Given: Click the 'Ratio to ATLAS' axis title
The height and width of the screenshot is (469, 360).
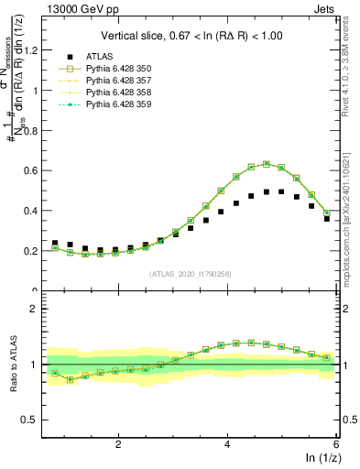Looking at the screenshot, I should (14, 364).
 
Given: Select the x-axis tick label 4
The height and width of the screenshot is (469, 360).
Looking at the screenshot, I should (227, 443).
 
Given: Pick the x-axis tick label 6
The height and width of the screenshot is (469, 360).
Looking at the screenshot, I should (336, 443).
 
